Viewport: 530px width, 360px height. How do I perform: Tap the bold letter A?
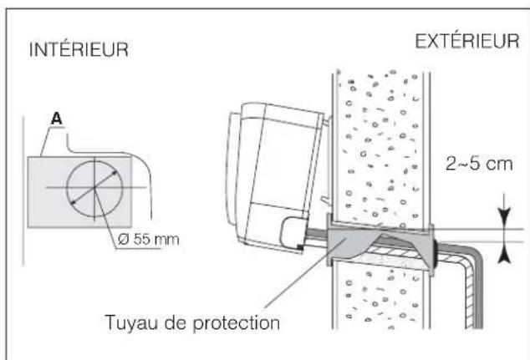[x=58, y=119]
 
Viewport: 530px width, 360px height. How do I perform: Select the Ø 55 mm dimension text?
[x=147, y=241]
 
